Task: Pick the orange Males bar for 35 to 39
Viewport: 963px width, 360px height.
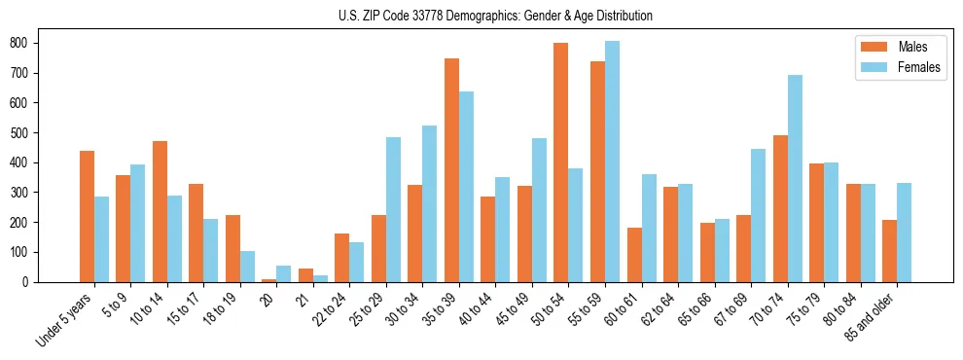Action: [451, 170]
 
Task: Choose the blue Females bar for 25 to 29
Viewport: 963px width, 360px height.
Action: [393, 209]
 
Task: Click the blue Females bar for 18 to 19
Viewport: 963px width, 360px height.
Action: [247, 267]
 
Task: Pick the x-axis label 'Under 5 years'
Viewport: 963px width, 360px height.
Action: [65, 320]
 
